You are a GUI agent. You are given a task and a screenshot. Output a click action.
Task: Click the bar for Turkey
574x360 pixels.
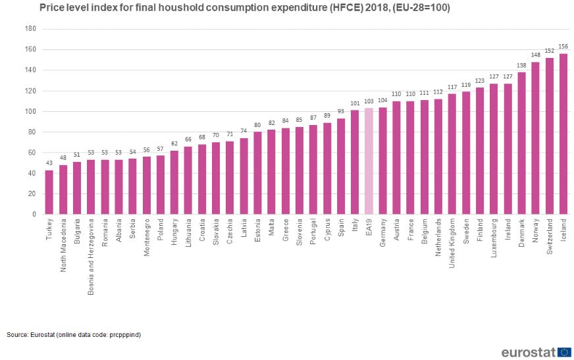pos(49,192)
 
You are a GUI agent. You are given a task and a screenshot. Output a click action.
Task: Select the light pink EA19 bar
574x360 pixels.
pos(369,161)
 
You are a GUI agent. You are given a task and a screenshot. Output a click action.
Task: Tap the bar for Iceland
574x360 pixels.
pos(563,134)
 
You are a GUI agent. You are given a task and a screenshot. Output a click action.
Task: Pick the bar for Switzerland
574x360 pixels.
pos(550,136)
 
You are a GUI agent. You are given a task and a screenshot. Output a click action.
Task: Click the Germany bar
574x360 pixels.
pos(382,161)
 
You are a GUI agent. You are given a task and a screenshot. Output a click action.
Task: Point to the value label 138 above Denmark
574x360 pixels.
pos(522,66)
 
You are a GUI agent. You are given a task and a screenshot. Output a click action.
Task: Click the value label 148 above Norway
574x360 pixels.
pos(536,55)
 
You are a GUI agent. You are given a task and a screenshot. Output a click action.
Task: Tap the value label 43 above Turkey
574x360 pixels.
pos(49,164)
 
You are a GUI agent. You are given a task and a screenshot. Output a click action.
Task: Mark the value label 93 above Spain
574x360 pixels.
pos(341,113)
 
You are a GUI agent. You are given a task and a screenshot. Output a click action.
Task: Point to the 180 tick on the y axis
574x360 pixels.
pos(30,29)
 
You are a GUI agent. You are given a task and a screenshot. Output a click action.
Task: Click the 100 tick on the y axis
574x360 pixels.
pos(30,111)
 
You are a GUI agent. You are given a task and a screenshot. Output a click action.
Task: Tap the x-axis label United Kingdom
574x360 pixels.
pos(452,244)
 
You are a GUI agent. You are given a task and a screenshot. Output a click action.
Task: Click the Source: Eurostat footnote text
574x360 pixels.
pos(74,335)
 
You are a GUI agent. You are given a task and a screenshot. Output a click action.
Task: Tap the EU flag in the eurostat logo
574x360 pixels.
pos(563,351)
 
